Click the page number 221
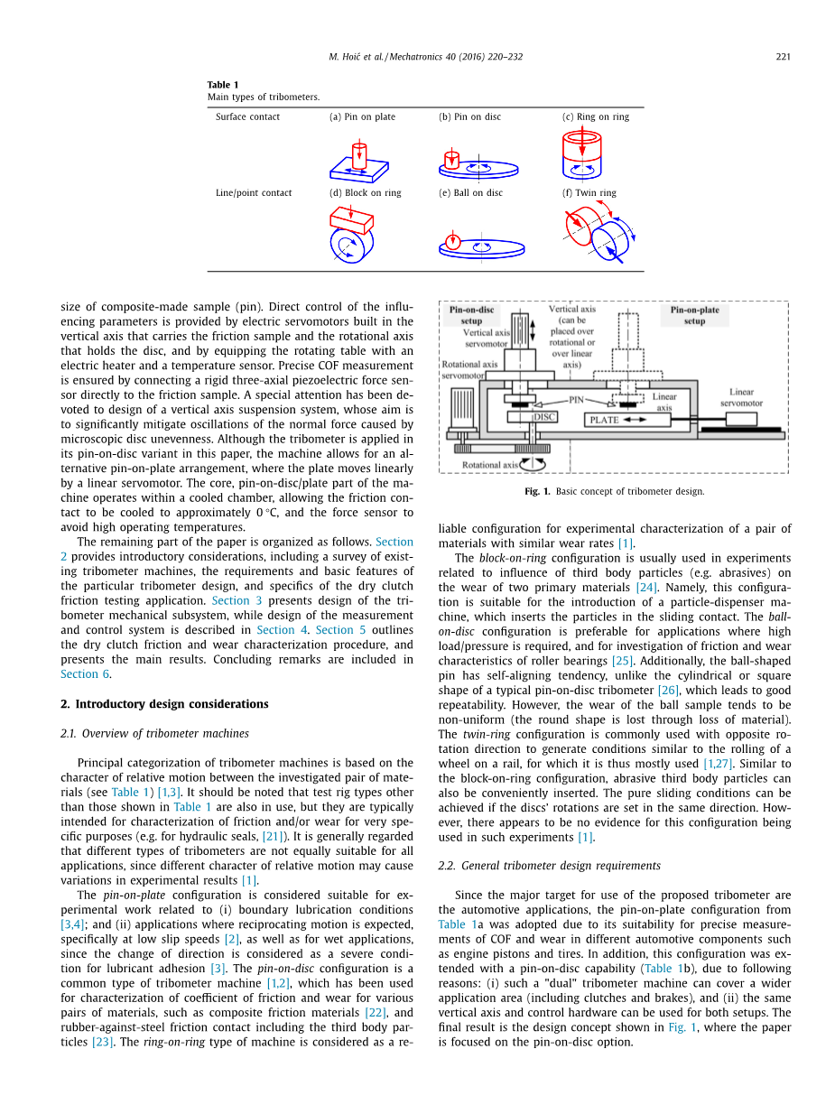783,57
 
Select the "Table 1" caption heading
223,85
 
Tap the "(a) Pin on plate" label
362,116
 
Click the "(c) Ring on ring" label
595,116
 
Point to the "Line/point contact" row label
254,192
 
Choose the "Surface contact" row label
247,116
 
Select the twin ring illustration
600,233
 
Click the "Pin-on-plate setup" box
694,314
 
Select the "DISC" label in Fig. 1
544,417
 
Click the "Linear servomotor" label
741,397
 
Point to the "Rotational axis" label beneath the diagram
490,465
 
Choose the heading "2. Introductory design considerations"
164,704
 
